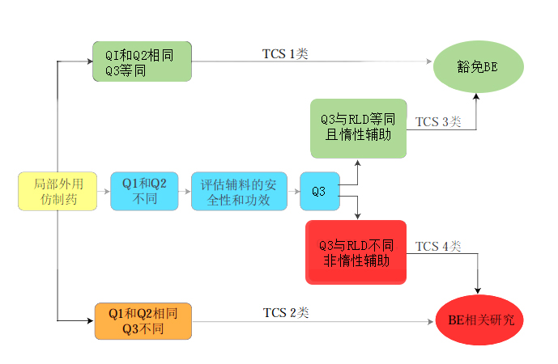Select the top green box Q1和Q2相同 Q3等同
(x=142, y=61)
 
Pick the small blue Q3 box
(x=318, y=192)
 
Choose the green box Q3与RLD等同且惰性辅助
(x=357, y=128)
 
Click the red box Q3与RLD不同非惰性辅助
(x=356, y=252)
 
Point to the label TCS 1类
(x=284, y=54)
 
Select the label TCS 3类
(x=438, y=122)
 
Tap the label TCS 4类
(x=438, y=246)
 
